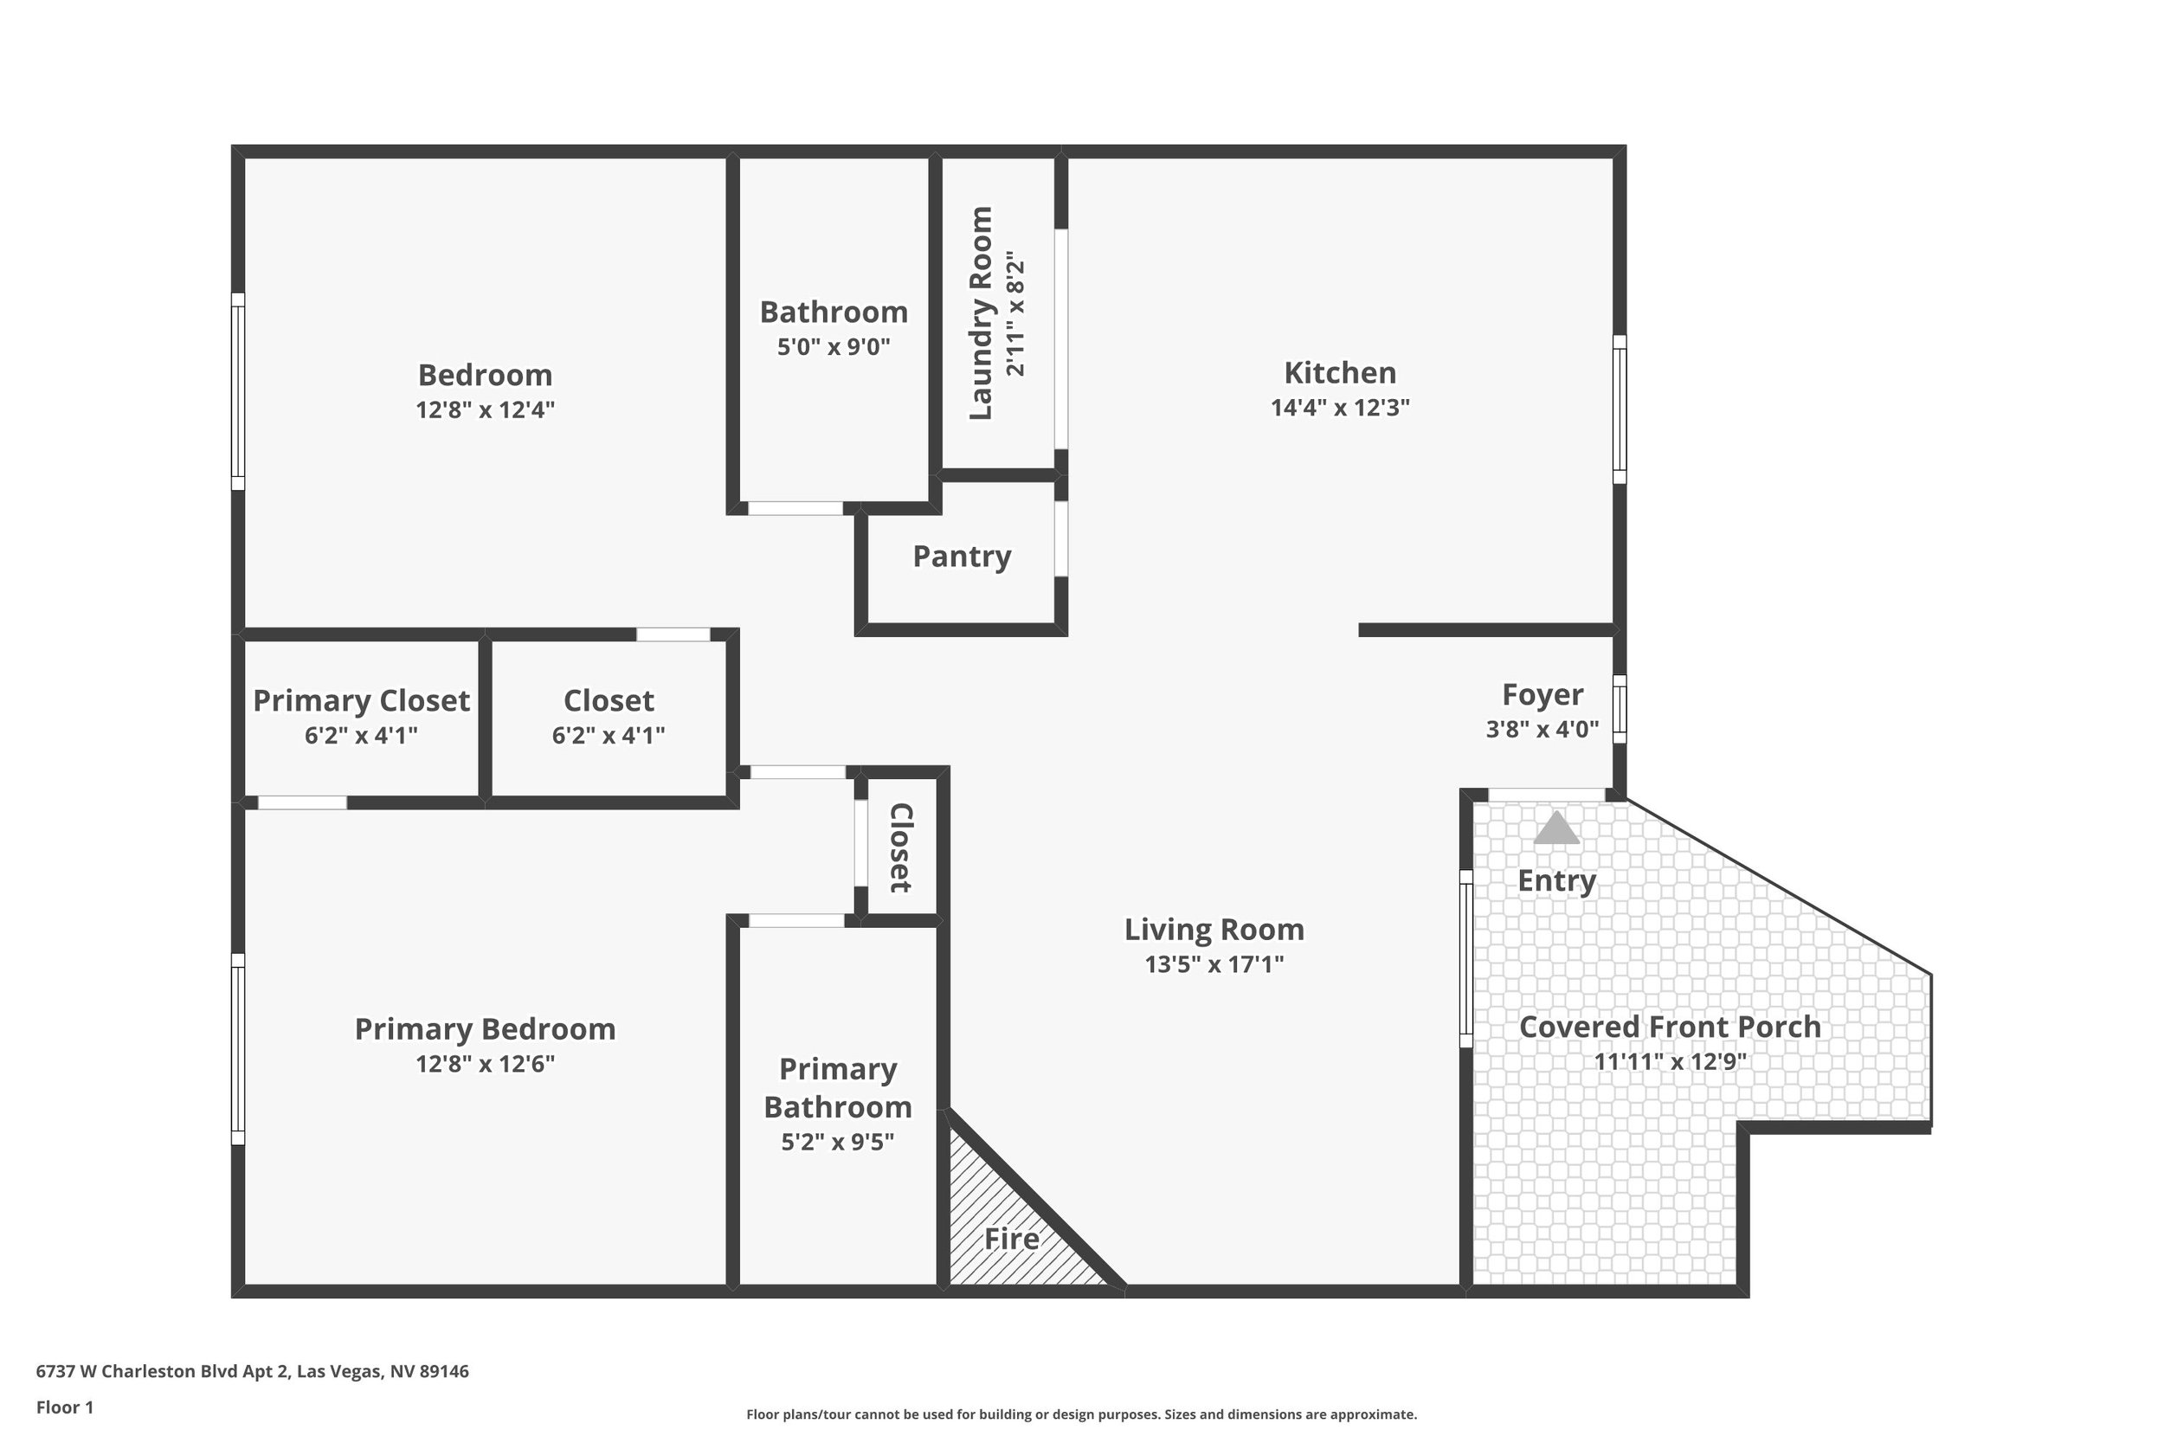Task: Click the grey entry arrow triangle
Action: coord(1555,828)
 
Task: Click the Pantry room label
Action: coord(962,556)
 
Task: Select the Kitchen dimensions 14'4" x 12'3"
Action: coord(1340,408)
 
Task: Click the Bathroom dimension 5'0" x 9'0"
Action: coord(834,347)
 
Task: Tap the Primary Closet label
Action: coord(361,700)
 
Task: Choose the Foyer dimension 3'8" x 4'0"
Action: coord(1542,730)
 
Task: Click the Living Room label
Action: coord(1214,930)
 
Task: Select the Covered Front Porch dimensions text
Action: coord(1669,1062)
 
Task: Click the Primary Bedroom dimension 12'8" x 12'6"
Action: coord(485,1064)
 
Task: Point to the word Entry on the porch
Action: coord(1555,880)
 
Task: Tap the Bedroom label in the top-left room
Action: coord(485,375)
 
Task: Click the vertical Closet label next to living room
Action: coord(900,847)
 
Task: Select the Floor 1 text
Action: coord(64,1408)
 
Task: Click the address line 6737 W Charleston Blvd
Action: coord(252,1371)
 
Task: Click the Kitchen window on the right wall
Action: coord(1620,409)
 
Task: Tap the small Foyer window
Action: coord(1620,709)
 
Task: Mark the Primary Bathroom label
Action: coord(837,1088)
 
